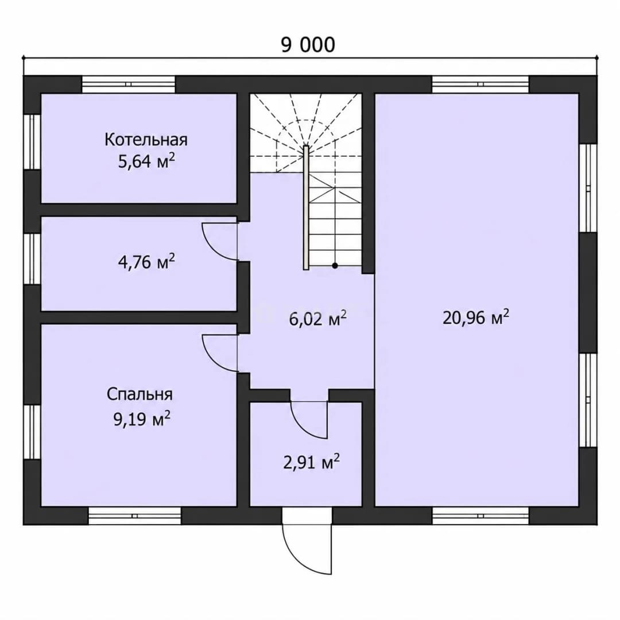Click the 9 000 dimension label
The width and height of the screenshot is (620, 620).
coord(308,45)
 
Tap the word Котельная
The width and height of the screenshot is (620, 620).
coord(146,139)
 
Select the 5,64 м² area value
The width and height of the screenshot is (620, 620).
coord(146,161)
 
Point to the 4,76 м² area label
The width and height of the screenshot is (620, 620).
coord(146,261)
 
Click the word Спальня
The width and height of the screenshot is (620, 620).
coord(139,394)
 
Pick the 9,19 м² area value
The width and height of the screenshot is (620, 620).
coord(142,418)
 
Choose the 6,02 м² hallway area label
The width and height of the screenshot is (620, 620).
coord(318,318)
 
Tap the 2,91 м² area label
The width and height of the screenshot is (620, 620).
coord(312,462)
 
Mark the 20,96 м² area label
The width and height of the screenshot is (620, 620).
coord(476,317)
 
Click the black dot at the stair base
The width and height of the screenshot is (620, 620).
coord(335,266)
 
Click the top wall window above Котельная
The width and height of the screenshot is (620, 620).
coord(129,84)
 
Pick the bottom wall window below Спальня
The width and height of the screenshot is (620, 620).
coord(134,516)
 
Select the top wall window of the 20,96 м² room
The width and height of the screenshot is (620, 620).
coord(480,84)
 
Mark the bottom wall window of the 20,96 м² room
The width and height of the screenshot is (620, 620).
coord(480,516)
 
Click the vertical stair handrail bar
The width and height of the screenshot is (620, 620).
coord(306,208)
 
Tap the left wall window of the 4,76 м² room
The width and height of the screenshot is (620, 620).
coord(32,258)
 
